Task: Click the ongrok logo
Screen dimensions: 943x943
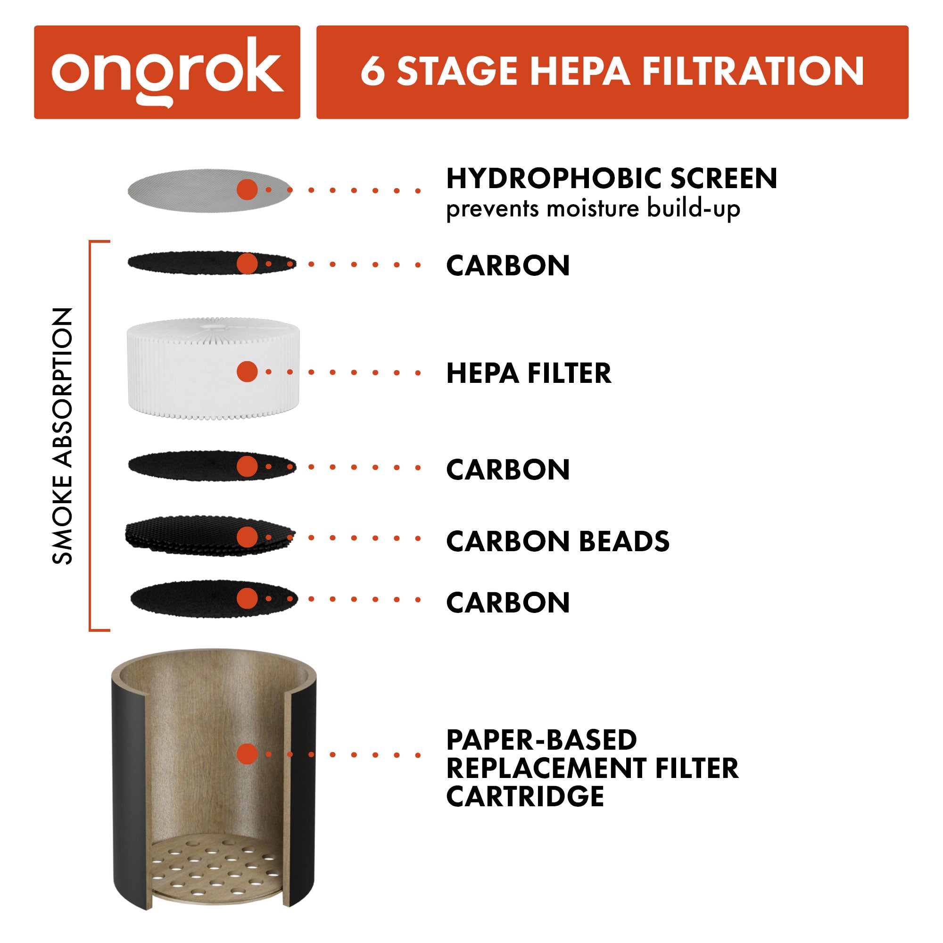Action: (167, 72)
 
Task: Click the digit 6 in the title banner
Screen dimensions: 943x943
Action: (372, 72)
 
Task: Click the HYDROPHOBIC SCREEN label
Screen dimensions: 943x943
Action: (611, 179)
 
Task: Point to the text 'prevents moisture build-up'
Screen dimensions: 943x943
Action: (593, 209)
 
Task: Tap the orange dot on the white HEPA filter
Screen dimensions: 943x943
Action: (247, 372)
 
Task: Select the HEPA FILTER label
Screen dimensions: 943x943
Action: (528, 373)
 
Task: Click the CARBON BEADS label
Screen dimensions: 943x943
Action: (557, 541)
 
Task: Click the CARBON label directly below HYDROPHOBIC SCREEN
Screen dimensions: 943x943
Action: (508, 266)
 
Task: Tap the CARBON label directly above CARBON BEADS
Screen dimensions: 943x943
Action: (508, 470)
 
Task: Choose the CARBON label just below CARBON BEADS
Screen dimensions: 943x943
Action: (508, 603)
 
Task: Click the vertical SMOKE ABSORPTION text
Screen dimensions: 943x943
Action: (63, 436)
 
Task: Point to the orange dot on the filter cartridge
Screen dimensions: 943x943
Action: (247, 754)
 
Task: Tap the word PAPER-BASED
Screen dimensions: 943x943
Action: (541, 740)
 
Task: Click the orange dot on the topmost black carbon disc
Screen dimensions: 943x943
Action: (247, 264)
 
